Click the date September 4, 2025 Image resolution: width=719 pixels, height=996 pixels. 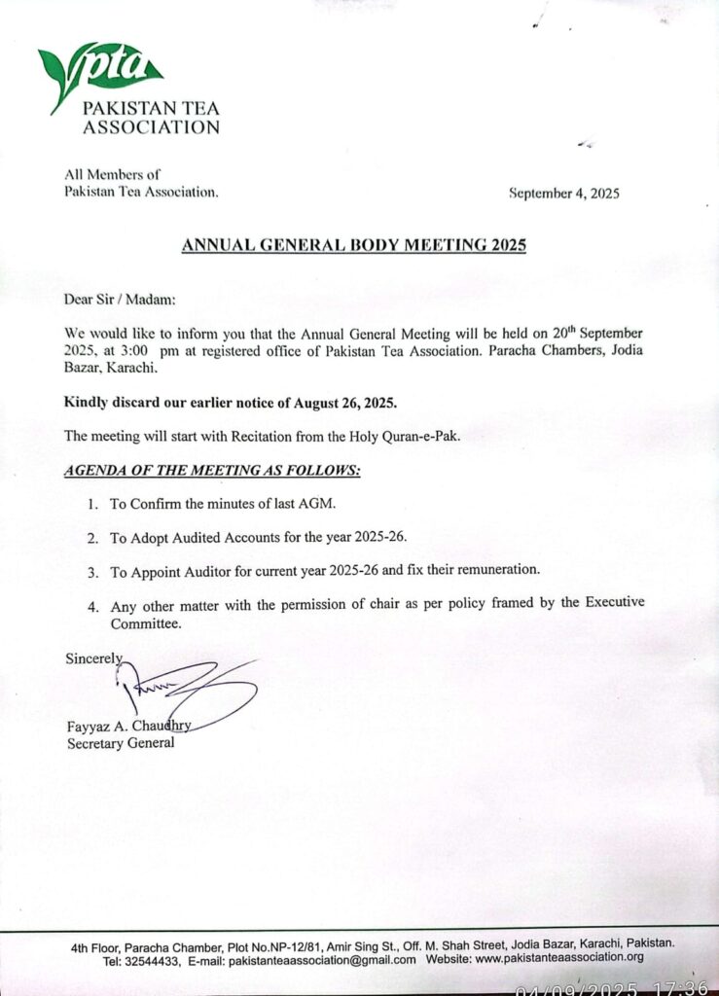click(564, 194)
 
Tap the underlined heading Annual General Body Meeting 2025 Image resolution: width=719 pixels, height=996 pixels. click(354, 246)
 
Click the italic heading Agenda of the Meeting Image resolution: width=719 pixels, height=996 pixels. click(212, 470)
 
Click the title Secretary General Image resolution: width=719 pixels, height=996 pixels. click(120, 744)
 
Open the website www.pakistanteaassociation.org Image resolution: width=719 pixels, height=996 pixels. click(559, 959)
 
